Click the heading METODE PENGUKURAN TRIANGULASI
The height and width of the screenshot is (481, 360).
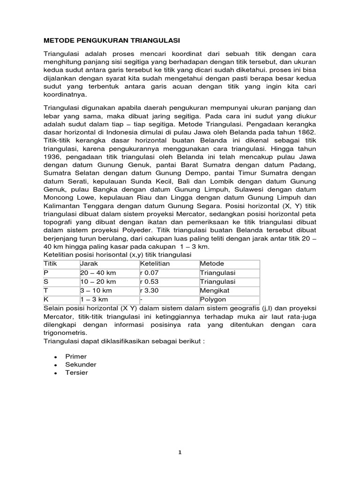(x=112, y=40)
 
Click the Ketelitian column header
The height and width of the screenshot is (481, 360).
(x=155, y=264)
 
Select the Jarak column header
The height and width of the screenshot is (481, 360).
(x=89, y=264)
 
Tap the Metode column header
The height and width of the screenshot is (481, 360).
(x=212, y=264)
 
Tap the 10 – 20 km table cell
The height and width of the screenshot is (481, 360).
(x=98, y=281)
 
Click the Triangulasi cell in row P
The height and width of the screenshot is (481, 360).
(x=217, y=272)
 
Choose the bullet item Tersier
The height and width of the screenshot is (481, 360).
(x=77, y=373)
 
